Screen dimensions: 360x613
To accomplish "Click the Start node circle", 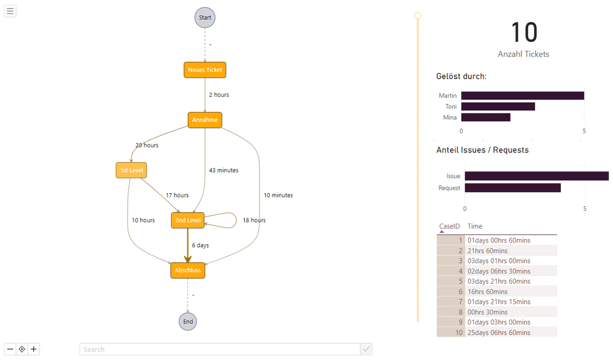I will (205, 18).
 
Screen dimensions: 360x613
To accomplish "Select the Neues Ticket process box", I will (205, 70).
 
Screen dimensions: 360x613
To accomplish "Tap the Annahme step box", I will (205, 120).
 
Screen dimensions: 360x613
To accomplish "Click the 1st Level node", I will (131, 170).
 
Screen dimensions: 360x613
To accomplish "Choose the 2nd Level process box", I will (187, 220).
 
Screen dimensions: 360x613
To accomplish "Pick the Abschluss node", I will (187, 270).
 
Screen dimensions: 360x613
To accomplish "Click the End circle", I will (187, 322).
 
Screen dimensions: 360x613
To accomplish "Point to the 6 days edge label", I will (200, 245).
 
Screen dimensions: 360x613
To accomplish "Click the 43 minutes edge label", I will (223, 170).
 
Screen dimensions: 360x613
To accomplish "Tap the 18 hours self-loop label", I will (254, 220).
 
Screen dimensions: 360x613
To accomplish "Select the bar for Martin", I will (522, 96).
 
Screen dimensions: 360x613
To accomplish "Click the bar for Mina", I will (485, 118).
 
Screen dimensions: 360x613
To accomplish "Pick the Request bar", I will (512, 188).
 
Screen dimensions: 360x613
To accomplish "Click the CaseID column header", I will (449, 226).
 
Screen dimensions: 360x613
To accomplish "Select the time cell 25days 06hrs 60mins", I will (498, 332).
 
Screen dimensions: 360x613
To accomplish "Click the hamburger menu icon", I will (10, 11).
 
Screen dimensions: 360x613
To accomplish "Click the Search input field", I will (220, 349).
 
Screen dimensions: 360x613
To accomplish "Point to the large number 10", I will (523, 33).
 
